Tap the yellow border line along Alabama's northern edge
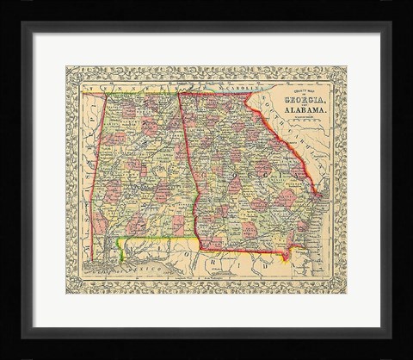point(129,92)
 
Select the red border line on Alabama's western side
point(89,172)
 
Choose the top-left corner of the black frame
point(24,23)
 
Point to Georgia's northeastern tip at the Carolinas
point(251,94)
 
